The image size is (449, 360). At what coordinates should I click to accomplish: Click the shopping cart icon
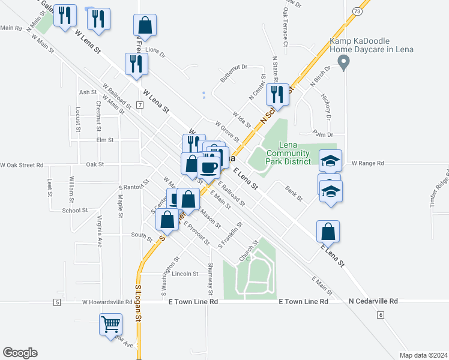coord(110,325)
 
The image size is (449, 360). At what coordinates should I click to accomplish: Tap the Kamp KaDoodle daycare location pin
coord(343,62)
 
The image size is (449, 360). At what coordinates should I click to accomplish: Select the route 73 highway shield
coord(358,11)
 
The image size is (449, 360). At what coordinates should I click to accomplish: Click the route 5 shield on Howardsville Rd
coord(56,302)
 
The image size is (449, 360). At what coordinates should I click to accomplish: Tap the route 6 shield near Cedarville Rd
coord(381,314)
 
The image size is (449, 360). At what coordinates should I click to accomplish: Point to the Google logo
coord(20,353)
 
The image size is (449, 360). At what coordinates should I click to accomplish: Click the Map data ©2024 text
coord(423,355)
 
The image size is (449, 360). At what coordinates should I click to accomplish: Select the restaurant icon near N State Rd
coord(277,95)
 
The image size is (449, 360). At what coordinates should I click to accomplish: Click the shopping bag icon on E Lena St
coord(328,232)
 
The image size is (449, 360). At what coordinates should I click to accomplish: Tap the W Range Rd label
coord(367,163)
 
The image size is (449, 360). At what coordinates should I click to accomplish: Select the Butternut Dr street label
coord(234,74)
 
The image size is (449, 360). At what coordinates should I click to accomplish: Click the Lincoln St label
coord(185,274)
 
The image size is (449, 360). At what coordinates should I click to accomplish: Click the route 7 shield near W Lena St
coord(139,105)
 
